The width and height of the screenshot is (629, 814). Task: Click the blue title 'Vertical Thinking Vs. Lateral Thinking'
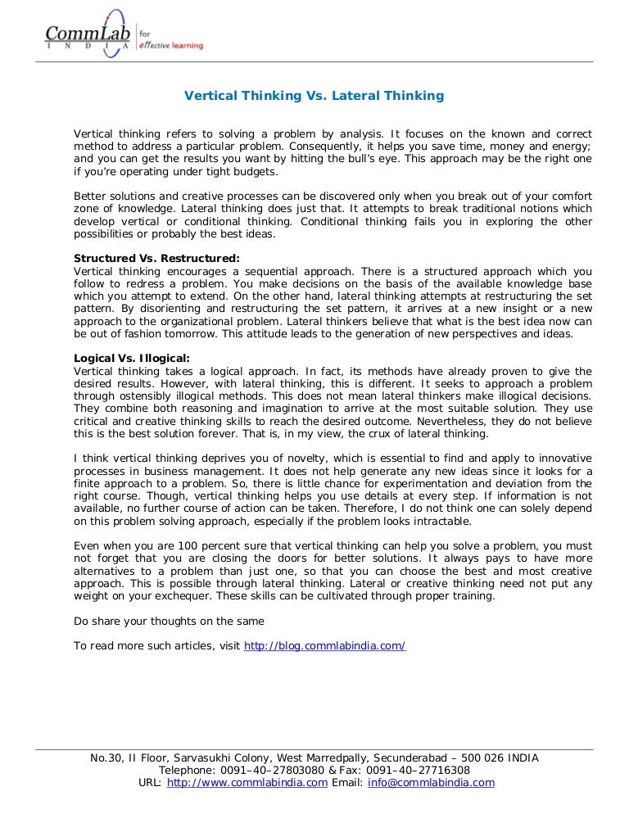(314, 96)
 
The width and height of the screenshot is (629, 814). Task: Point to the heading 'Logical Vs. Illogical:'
(132, 359)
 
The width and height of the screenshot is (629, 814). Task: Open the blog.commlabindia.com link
(324, 645)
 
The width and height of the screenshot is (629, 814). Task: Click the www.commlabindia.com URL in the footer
(247, 782)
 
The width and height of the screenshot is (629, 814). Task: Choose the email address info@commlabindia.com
(431, 782)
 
